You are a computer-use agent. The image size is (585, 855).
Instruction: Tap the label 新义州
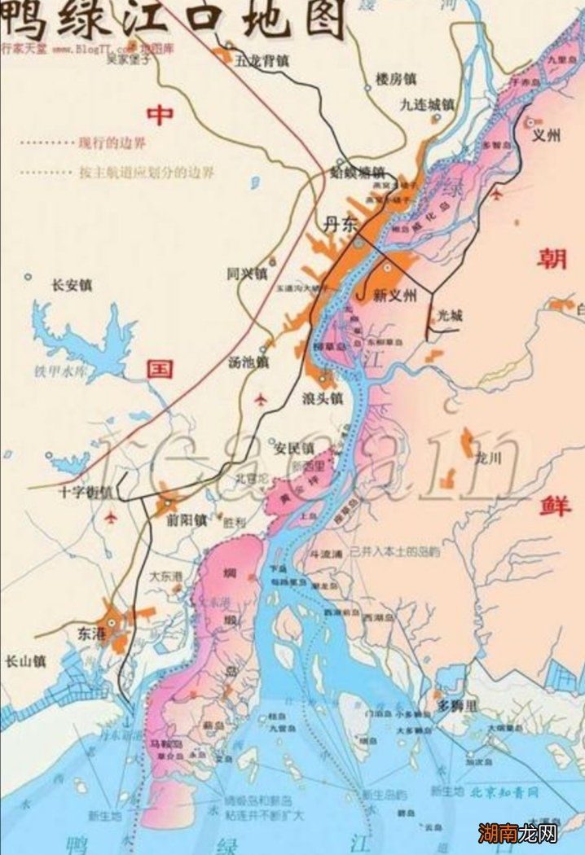[x=394, y=296]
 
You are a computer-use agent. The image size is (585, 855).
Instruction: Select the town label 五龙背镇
[x=262, y=60]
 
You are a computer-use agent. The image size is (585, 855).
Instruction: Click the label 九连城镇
[x=427, y=104]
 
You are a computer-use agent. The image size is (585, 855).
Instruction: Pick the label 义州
[x=546, y=136]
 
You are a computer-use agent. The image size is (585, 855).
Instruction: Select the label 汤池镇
[x=249, y=362]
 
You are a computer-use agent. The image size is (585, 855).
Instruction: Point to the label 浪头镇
[x=323, y=399]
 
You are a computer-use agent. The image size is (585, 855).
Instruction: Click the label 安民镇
[x=293, y=449]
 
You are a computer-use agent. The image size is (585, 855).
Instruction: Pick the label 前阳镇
[x=185, y=520]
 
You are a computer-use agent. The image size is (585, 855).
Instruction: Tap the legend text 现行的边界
[x=112, y=143]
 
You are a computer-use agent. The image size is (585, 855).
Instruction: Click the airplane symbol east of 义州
[x=497, y=195]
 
